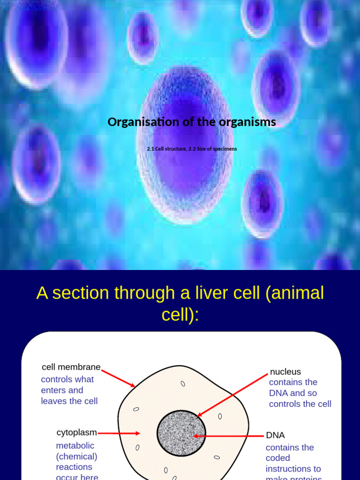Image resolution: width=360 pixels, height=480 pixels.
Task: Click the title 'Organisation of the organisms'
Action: pyautogui.click(x=192, y=122)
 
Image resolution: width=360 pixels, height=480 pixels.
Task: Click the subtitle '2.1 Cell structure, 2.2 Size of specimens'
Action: pyautogui.click(x=192, y=149)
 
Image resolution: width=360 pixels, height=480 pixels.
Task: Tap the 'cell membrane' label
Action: pyautogui.click(x=71, y=367)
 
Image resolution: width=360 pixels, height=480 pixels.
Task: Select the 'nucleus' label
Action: pyautogui.click(x=285, y=372)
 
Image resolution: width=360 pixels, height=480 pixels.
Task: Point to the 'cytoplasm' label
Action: pyautogui.click(x=77, y=432)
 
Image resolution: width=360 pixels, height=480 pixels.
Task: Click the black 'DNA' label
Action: pyautogui.click(x=276, y=435)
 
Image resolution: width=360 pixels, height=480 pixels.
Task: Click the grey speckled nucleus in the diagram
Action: pyautogui.click(x=181, y=433)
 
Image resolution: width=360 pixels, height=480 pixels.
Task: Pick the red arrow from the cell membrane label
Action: pyautogui.click(x=118, y=378)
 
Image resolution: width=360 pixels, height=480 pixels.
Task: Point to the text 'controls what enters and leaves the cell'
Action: pyautogui.click(x=69, y=390)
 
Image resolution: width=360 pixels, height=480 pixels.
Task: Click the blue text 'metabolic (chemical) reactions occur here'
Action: pyautogui.click(x=77, y=461)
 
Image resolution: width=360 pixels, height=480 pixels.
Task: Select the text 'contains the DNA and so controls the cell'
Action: pyautogui.click(x=300, y=393)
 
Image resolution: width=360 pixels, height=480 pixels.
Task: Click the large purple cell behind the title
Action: pyautogui.click(x=185, y=145)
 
